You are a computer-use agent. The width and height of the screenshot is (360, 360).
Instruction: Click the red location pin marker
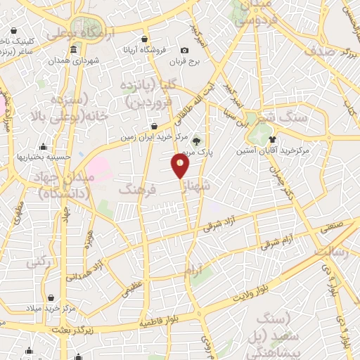click(x=180, y=166)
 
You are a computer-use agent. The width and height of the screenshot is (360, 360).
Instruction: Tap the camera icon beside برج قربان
click(x=184, y=51)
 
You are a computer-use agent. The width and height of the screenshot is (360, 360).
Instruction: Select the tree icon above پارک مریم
click(x=196, y=140)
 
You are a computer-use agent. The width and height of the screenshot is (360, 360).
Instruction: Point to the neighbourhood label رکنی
click(x=37, y=262)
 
